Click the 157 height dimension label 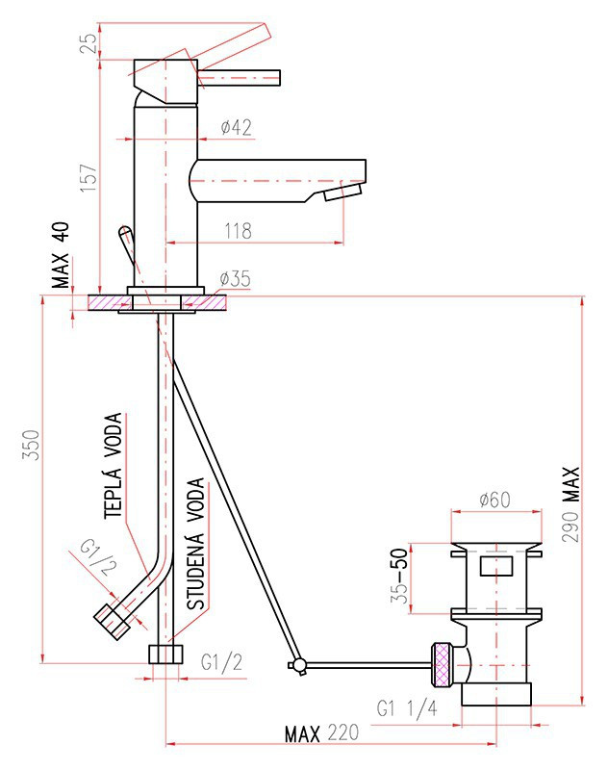(89, 178)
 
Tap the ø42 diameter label (236, 127)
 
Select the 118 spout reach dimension (239, 230)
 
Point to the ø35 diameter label (235, 278)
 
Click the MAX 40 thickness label (62, 255)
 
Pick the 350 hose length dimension (31, 445)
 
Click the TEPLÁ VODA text (113, 466)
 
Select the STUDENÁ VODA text (196, 544)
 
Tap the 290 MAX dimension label (570, 504)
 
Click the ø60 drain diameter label (495, 500)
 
